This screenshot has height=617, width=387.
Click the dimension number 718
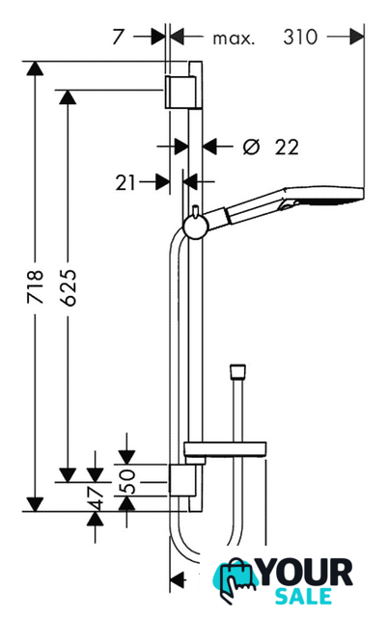pos(35,286)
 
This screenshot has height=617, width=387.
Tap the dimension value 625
pos(69,288)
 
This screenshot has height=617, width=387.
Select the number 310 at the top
pos(300,38)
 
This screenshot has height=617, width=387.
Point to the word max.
pos(234,39)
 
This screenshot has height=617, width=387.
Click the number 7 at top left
pos(119,37)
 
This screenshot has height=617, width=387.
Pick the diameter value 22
pos(287,148)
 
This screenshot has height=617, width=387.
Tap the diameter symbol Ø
pos(252,147)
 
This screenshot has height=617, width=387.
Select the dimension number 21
pos(124,182)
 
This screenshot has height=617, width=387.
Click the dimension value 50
pos(126,481)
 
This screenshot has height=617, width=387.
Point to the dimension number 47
pos(95,497)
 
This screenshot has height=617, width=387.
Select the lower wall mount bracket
pos(182,480)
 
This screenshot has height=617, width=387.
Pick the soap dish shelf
pos(225,449)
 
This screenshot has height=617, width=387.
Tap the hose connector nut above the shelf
pos(237,372)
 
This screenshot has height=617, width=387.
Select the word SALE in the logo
pos(303,596)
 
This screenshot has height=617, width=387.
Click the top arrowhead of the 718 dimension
pos(35,67)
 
